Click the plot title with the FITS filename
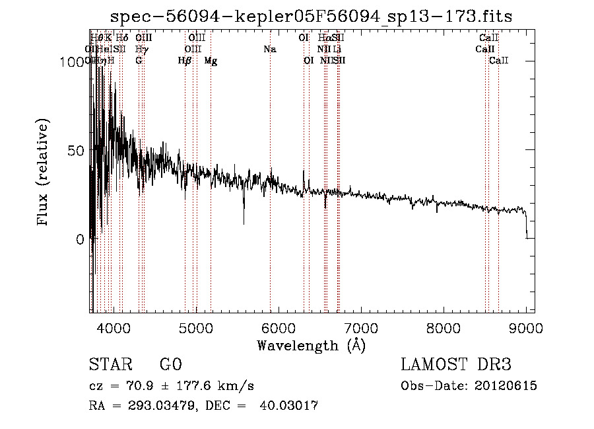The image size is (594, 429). click(311, 16)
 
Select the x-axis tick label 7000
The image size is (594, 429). click(361, 327)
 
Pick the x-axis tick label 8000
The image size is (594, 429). click(444, 327)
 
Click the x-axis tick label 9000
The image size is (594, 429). click(526, 327)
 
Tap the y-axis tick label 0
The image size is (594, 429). click(81, 239)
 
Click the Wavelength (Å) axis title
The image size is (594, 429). click(311, 346)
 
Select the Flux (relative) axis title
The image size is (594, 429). click(44, 173)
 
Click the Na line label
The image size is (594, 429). click(269, 49)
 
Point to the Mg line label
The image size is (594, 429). click(211, 61)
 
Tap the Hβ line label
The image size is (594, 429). click(185, 61)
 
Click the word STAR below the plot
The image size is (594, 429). click(110, 366)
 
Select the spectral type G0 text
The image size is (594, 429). click(170, 366)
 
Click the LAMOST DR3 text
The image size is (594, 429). click(455, 366)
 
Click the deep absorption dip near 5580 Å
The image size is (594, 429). click(244, 221)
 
